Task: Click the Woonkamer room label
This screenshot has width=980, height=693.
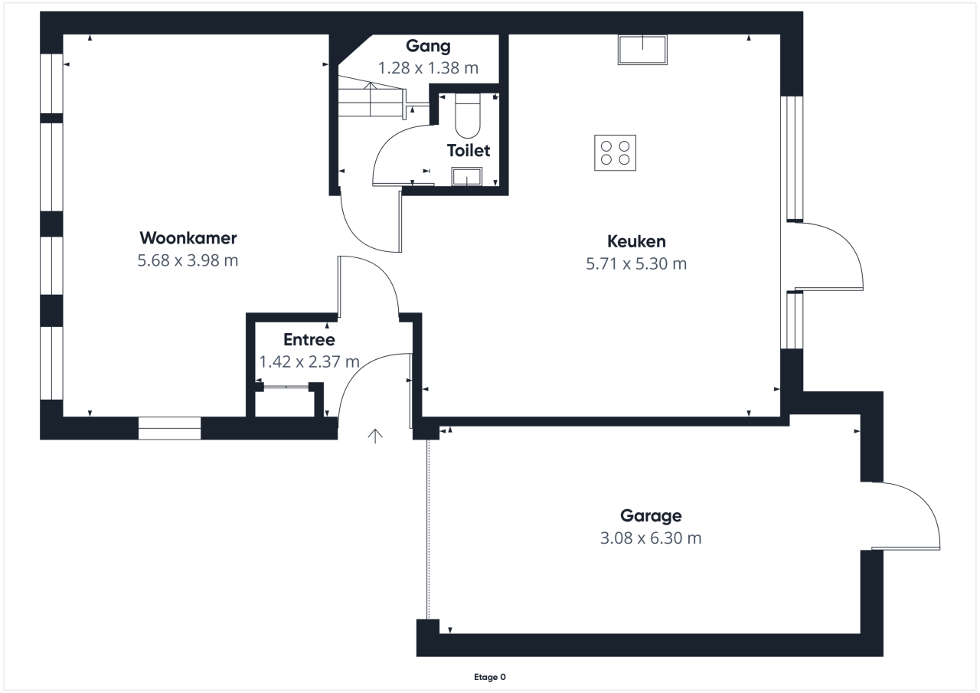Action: pyautogui.click(x=188, y=238)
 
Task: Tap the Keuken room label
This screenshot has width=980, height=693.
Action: pyautogui.click(x=636, y=241)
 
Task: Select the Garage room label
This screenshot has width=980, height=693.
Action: pyautogui.click(x=651, y=516)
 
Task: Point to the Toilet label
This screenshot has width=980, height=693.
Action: pyautogui.click(x=469, y=151)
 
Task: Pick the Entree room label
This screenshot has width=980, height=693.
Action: pyautogui.click(x=309, y=339)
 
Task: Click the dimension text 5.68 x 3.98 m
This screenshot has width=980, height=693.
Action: pyautogui.click(x=188, y=260)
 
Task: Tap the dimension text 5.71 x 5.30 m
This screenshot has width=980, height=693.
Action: pyautogui.click(x=636, y=264)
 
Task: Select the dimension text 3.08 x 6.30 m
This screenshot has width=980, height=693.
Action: pyautogui.click(x=651, y=538)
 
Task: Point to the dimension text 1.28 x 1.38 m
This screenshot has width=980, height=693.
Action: pyautogui.click(x=428, y=68)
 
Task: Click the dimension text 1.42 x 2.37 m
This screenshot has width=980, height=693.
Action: pyautogui.click(x=309, y=361)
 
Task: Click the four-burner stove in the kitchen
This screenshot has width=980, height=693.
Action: pyautogui.click(x=615, y=152)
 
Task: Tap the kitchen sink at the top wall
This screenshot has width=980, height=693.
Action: pyautogui.click(x=642, y=50)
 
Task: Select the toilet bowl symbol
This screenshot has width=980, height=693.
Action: pyautogui.click(x=468, y=116)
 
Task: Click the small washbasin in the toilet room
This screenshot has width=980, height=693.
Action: pyautogui.click(x=467, y=177)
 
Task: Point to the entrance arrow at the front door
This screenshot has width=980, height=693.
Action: pyautogui.click(x=375, y=436)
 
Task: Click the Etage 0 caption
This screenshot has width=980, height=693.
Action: pyautogui.click(x=490, y=677)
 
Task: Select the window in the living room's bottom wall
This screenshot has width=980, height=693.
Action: pyautogui.click(x=170, y=428)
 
